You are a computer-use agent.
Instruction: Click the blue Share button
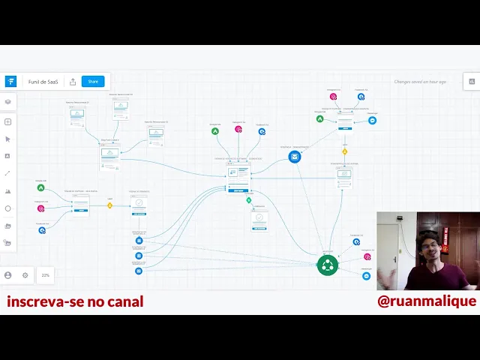[93, 82]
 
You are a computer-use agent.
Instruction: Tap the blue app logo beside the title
[10, 82]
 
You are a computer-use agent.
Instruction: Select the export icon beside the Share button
[73, 82]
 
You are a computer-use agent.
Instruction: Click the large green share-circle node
[327, 265]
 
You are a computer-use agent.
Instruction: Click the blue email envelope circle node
[295, 157]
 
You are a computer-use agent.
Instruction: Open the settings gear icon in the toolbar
[25, 275]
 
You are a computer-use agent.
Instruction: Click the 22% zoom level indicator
[46, 275]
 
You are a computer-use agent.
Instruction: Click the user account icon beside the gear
[8, 275]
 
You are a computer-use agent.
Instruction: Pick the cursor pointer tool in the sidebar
[7, 139]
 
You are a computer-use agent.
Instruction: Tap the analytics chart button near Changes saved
[472, 82]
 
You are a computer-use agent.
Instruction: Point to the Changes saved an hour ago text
[420, 82]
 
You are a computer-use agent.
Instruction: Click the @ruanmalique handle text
[427, 301]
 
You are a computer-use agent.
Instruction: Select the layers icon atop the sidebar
[7, 102]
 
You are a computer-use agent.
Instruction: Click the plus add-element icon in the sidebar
[7, 121]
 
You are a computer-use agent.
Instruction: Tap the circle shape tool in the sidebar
[7, 208]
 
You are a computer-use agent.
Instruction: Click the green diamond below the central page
[249, 200]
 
